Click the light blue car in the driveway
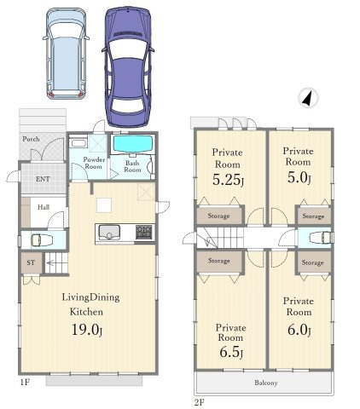(67, 54)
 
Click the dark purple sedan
(128, 67)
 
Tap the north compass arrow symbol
(308, 98)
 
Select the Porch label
(31, 139)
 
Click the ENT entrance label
(43, 179)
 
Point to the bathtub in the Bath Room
(133, 144)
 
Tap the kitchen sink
(109, 233)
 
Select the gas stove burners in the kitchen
(143, 233)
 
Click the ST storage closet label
(31, 262)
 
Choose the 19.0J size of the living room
(86, 330)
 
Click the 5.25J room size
(228, 180)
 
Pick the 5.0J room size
(299, 177)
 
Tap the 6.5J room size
(231, 352)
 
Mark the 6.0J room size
(299, 330)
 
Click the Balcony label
(266, 383)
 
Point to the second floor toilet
(321, 238)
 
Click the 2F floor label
(200, 402)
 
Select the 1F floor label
(25, 383)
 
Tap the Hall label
(44, 207)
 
